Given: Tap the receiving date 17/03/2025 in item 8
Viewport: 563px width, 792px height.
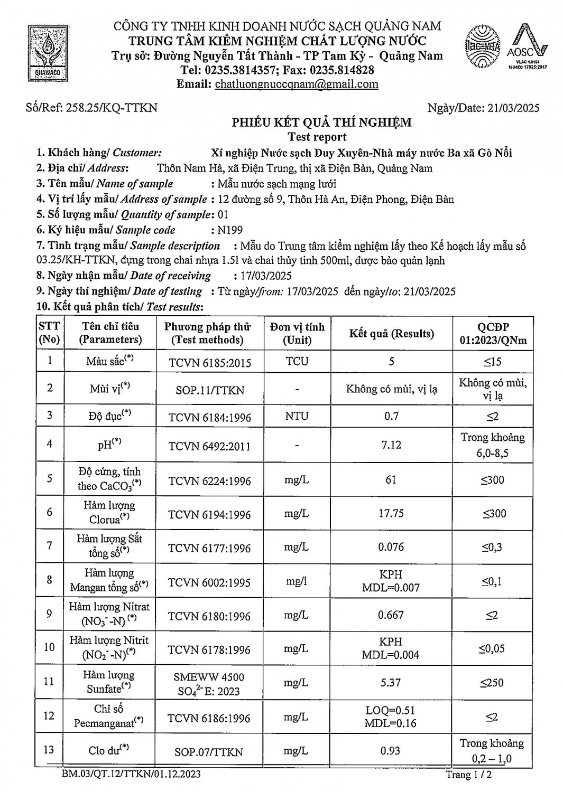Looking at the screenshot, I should tap(262, 276).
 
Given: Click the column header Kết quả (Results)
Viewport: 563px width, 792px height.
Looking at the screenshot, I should tap(391, 333).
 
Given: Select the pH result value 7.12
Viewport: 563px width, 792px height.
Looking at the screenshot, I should tap(391, 445).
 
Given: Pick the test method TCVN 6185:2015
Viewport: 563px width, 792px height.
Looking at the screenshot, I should tap(210, 363).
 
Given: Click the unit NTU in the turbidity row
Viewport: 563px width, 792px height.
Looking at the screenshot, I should tap(297, 416).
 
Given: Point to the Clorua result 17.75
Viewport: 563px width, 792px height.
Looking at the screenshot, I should tap(391, 514).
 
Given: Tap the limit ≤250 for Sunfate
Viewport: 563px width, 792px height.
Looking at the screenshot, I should tap(492, 683).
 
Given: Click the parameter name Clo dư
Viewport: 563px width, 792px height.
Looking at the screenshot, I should tap(109, 750).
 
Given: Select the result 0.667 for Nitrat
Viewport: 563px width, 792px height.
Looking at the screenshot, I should tap(391, 615).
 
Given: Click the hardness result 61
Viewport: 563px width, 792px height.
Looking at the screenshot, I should tap(391, 480).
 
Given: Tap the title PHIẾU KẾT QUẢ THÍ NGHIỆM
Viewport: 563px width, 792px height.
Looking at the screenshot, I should tap(321, 123).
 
